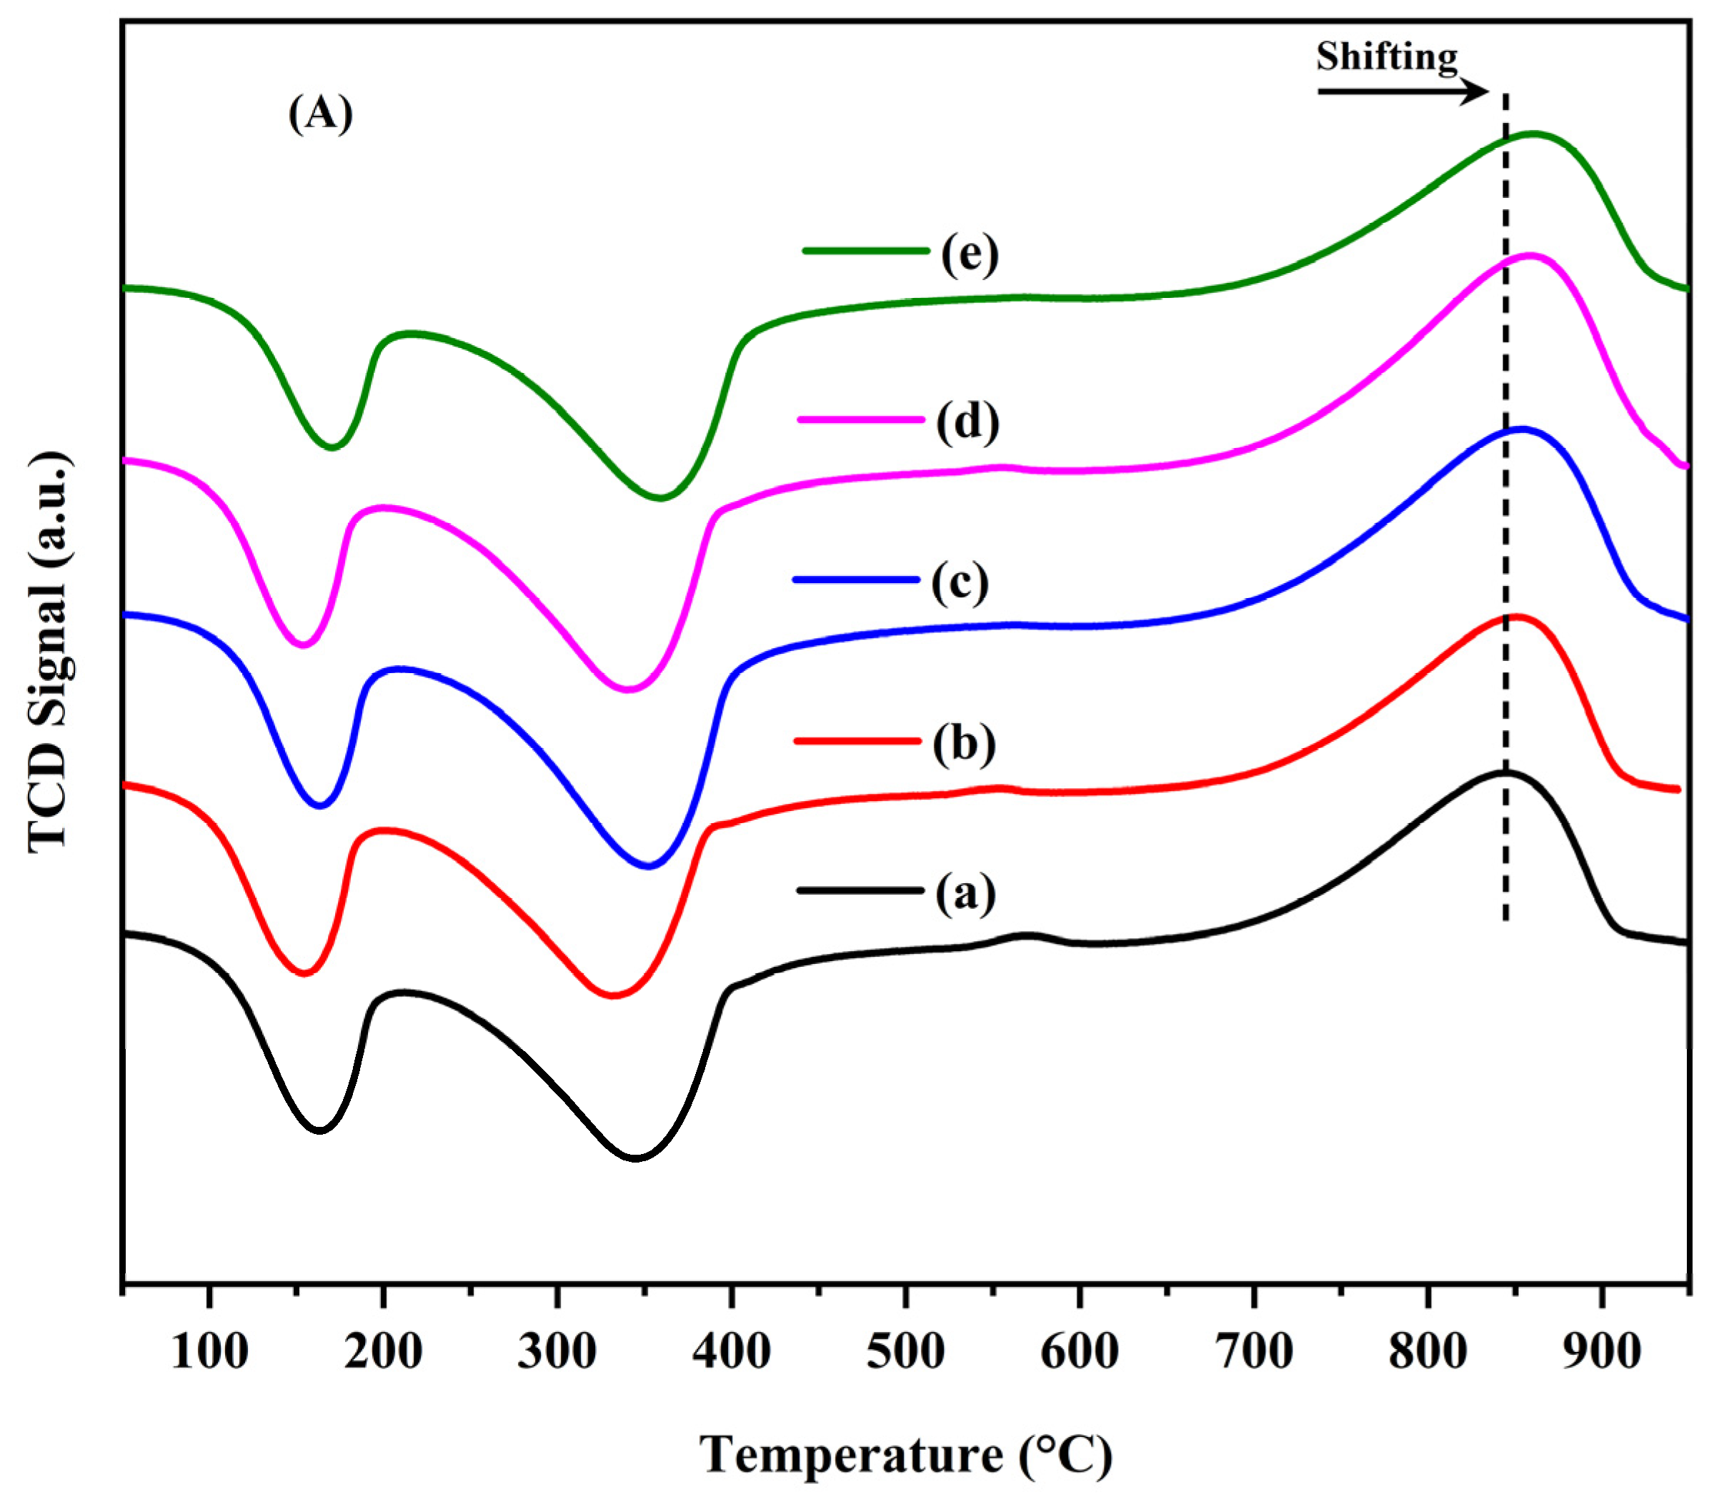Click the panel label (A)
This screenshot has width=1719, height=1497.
point(321,113)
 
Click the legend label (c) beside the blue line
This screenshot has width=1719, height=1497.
point(960,582)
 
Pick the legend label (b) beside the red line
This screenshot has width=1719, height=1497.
point(964,742)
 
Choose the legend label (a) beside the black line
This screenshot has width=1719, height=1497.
point(965,893)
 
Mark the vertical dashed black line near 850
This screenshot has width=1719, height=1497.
point(1505,501)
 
